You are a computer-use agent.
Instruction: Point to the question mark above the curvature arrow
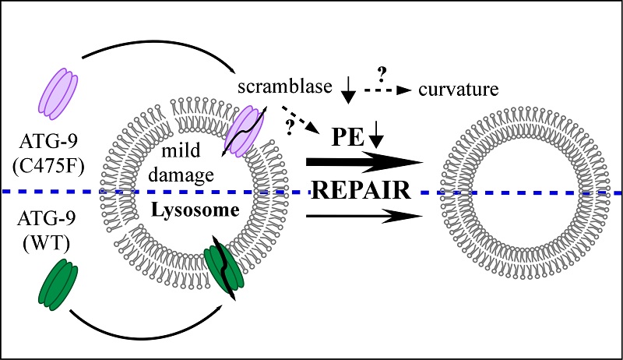point(382,75)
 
